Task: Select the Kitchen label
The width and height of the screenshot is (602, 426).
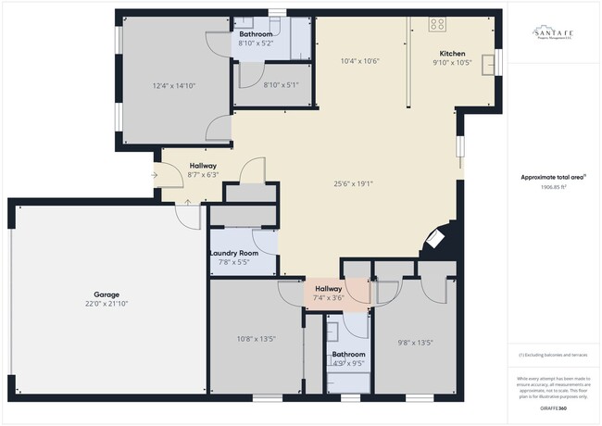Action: [452, 54]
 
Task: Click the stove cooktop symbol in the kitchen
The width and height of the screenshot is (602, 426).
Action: [438, 25]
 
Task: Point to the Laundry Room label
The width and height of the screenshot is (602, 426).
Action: [234, 253]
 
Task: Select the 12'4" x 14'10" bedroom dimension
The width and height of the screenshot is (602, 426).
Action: [174, 85]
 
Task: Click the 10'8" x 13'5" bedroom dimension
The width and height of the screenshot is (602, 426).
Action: [257, 339]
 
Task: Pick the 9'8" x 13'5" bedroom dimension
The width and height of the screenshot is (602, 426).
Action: [415, 343]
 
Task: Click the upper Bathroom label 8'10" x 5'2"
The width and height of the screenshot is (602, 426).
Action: [255, 43]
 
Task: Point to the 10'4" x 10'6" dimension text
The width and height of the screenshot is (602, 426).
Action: [360, 61]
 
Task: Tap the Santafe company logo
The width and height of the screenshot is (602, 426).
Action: [552, 34]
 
